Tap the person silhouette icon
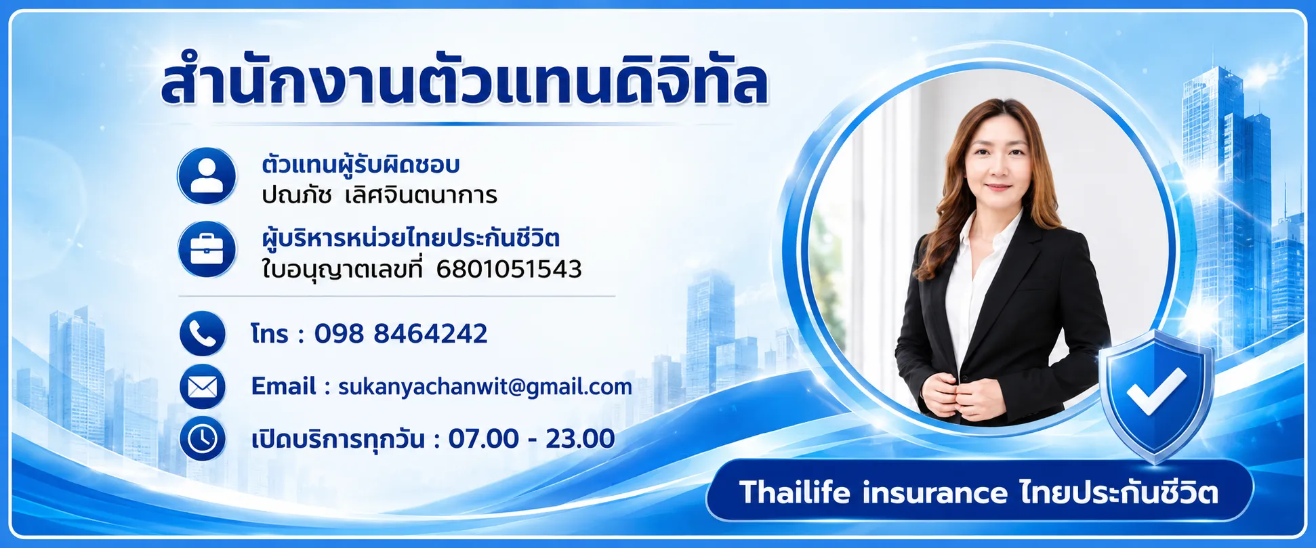point(207,176)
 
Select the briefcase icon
point(207,249)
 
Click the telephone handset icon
point(203,334)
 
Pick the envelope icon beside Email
point(203,387)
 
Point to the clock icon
point(203,439)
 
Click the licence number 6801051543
point(509,270)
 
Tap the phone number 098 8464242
point(400,334)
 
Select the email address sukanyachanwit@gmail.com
point(485,387)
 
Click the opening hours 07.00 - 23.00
point(531,439)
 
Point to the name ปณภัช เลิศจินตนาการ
point(379,196)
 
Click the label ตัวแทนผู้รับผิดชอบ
point(361,165)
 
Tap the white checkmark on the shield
point(1156,391)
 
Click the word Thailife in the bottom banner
point(794,492)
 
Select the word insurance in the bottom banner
point(935,493)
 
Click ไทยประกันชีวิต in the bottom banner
point(1119,492)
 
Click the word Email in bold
point(283,386)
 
